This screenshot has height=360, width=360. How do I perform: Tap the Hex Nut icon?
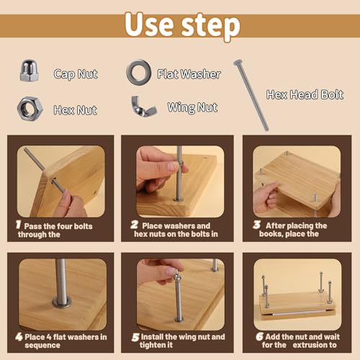30,109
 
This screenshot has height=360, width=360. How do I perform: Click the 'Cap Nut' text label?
76,73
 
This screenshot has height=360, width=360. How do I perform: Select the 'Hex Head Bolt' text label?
305,94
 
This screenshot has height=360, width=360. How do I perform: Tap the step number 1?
19,225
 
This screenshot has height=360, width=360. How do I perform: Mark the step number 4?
19,336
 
